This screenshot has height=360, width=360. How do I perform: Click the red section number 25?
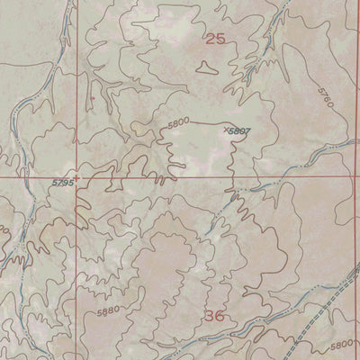click(214, 39)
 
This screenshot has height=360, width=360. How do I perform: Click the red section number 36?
click(214, 316)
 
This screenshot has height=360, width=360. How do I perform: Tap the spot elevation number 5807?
click(238, 132)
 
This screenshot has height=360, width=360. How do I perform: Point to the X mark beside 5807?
click(225, 129)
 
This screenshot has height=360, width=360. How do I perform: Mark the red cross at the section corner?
click(77, 177)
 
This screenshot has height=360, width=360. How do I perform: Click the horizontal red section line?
click(180, 177)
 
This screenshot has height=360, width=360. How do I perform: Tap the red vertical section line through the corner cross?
click(77, 90)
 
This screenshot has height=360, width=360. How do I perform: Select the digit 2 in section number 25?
click(210, 39)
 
